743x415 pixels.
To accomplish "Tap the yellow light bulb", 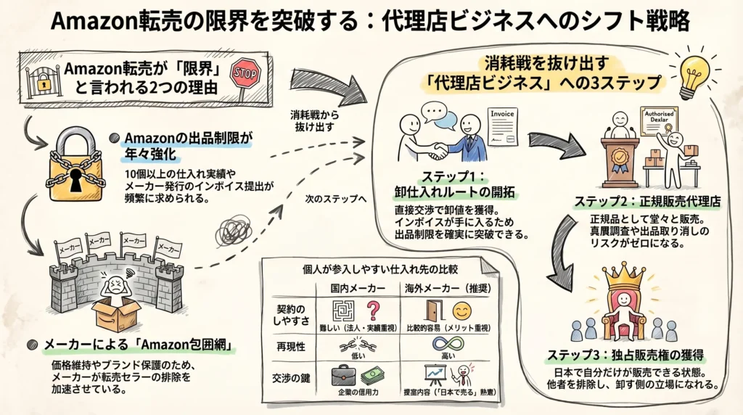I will coord(694,71).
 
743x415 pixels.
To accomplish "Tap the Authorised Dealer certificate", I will coord(659,124).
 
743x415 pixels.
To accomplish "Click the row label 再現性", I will coord(290,347).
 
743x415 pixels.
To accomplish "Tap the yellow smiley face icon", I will coord(461,311).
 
